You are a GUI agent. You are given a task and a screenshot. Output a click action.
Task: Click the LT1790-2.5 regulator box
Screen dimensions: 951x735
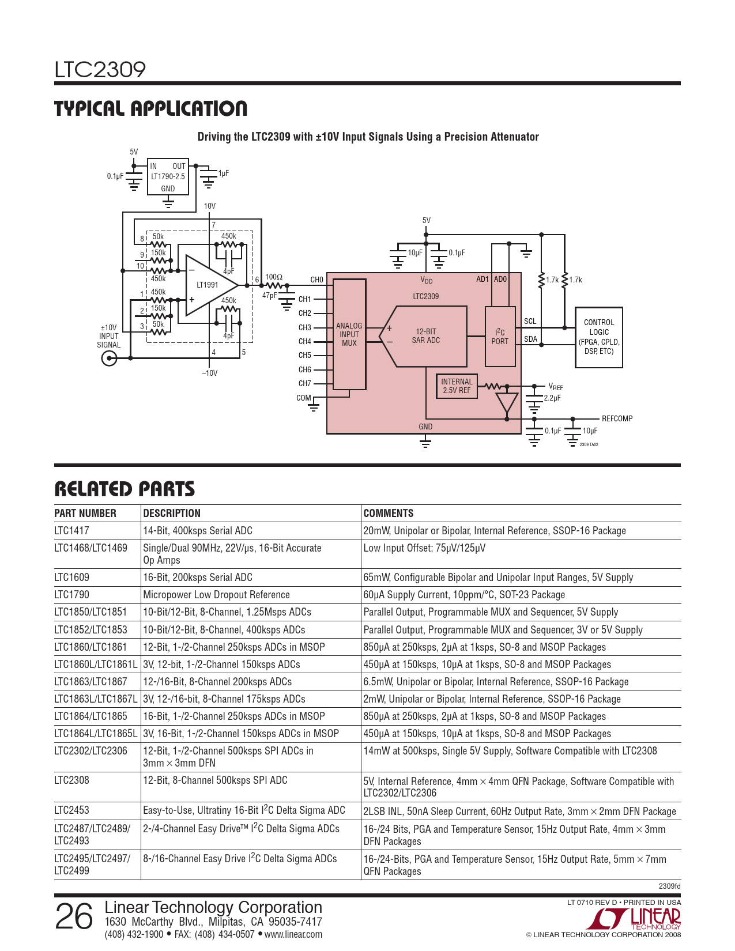(168, 176)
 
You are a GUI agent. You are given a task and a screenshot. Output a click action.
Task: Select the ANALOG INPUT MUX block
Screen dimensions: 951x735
(349, 334)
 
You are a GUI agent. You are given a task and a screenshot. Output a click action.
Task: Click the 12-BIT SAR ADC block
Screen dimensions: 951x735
(426, 336)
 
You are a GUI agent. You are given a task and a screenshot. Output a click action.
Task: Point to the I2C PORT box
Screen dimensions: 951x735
(500, 337)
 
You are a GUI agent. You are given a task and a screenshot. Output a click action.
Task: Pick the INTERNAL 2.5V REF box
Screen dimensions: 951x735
(457, 386)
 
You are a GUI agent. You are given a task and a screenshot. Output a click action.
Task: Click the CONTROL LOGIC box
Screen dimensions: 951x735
(599, 337)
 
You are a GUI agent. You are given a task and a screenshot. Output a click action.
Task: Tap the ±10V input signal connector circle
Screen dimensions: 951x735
(109, 358)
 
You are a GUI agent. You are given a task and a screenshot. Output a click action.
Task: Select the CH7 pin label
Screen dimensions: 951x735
(304, 384)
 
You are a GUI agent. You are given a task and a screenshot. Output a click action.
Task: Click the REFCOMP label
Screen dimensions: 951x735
(617, 418)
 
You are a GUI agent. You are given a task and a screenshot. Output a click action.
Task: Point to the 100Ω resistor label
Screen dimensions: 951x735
(274, 277)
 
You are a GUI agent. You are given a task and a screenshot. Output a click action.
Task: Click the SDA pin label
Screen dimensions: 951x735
(530, 339)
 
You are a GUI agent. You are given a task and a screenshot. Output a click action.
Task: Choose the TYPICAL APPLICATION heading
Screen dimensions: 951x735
(151, 108)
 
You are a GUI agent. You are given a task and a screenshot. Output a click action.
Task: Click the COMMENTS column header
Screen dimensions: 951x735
(389, 514)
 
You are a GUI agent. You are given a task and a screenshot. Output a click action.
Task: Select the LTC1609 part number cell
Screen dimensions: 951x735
(73, 578)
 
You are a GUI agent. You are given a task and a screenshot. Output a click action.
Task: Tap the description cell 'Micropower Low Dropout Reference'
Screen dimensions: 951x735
(216, 595)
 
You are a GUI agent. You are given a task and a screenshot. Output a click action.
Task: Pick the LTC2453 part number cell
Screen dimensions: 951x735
(72, 810)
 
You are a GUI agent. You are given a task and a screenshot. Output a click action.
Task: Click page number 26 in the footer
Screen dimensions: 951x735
(74, 917)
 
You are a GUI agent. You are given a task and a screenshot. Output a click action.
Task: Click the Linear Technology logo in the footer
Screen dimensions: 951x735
(637, 918)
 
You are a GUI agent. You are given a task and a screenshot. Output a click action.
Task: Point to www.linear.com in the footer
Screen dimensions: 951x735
(293, 934)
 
